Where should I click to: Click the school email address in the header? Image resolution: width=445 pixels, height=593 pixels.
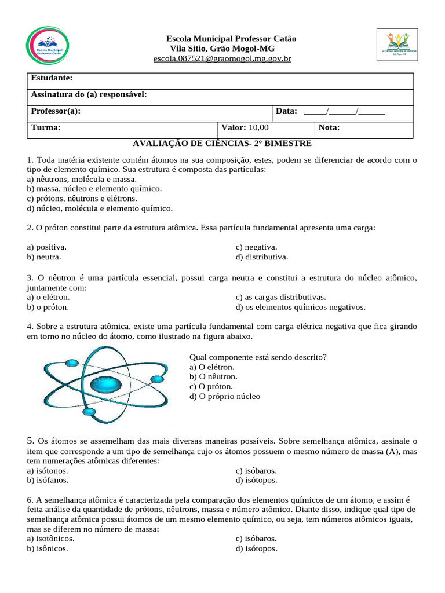pos(222,59)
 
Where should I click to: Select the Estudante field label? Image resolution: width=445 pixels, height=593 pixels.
pos(51,78)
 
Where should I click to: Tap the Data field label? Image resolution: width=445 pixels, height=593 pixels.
pos(286,111)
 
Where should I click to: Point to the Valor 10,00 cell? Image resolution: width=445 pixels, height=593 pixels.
pos(245,128)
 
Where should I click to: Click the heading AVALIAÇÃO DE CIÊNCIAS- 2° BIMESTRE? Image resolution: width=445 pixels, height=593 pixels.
pos(222,143)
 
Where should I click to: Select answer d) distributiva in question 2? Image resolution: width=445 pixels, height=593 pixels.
pos(261,257)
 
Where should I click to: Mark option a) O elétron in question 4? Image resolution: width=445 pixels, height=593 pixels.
pos(211,367)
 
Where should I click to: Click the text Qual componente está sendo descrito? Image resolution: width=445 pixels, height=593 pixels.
pos(258,357)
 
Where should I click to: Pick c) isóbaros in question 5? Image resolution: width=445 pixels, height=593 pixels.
pos(256,470)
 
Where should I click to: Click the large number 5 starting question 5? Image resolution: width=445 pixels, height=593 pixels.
pos(30,440)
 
